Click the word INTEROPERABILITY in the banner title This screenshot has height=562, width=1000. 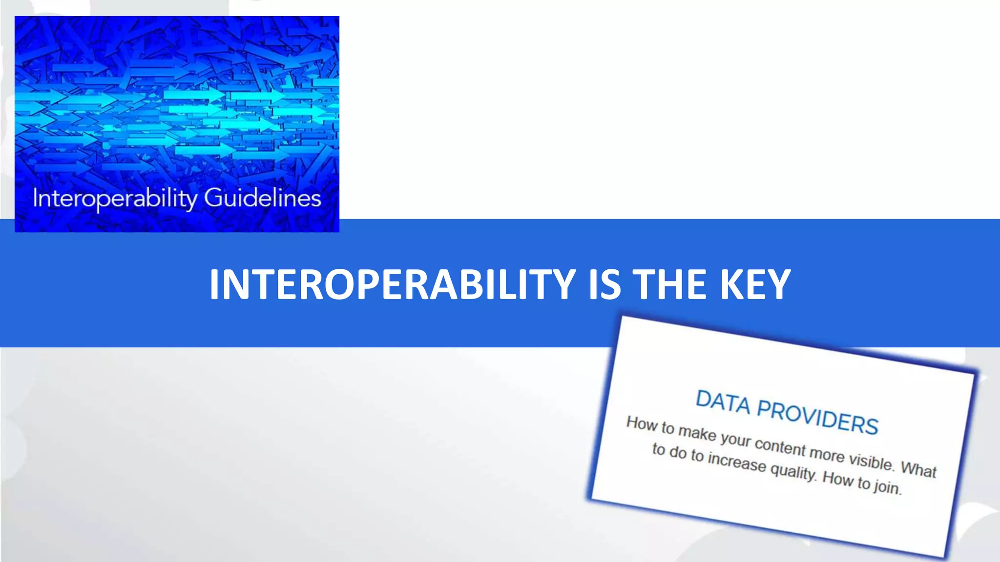[392, 284]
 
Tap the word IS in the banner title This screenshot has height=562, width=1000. [604, 284]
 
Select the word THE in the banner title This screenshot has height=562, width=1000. [670, 284]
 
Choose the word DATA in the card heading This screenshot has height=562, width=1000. [723, 402]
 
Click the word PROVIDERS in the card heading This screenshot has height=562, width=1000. [817, 417]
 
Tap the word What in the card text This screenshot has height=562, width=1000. [918, 469]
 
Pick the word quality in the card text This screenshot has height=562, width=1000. [793, 471]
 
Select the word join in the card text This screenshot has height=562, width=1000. [887, 487]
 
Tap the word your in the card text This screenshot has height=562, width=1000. [735, 440]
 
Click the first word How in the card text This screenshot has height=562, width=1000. [642, 423]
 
